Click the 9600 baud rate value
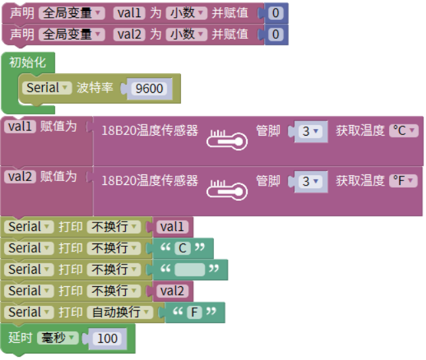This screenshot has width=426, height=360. coord(149,88)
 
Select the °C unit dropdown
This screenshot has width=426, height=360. coord(404,130)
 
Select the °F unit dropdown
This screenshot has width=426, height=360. coord(404,180)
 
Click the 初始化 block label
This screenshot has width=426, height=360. coord(28,63)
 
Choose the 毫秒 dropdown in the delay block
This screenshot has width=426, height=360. coord(58,338)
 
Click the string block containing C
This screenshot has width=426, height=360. coord(183,248)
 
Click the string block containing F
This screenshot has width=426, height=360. coord(194,312)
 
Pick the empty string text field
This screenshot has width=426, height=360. coord(190,269)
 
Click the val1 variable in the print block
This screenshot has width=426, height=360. coord(174,227)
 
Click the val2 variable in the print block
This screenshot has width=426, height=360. coord(174,290)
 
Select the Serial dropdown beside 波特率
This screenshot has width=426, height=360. coord(48,88)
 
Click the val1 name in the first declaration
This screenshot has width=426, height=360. coord(130,13)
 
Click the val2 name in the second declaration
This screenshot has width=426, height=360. coord(130,34)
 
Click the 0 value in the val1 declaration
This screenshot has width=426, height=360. coord(276,13)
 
